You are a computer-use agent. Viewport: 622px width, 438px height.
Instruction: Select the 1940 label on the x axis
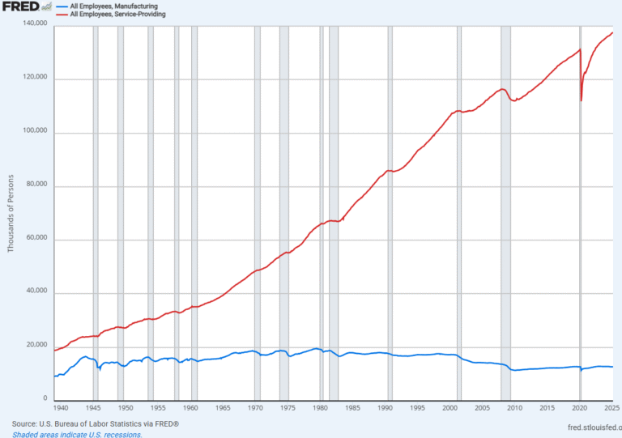(59, 409)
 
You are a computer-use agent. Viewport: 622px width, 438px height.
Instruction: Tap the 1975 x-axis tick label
(288, 409)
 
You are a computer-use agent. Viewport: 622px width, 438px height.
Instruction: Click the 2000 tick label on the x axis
(449, 409)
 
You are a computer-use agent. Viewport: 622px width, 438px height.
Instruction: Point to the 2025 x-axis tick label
(611, 409)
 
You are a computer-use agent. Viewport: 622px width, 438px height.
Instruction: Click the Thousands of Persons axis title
(11, 212)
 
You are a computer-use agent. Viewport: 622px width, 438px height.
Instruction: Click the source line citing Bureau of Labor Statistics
(96, 424)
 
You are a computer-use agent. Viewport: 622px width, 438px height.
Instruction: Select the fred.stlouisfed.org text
(582, 424)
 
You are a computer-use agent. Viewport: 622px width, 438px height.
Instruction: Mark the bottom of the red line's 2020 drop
(582, 100)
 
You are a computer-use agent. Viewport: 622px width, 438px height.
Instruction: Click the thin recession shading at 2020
(581, 243)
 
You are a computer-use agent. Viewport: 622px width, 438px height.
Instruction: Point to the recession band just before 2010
(505, 243)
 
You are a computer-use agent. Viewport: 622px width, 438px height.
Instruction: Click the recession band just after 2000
(459, 243)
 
